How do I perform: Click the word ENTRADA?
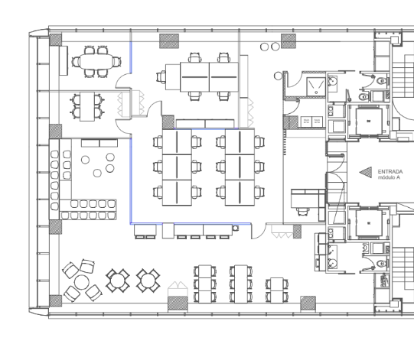click(x=390, y=172)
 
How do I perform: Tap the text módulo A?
click(x=389, y=177)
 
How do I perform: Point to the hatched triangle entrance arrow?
click(x=366, y=172)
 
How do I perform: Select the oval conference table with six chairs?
click(x=96, y=62)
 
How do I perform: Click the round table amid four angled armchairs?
click(x=82, y=282)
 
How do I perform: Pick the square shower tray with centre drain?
click(x=316, y=86)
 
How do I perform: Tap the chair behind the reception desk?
click(x=302, y=211)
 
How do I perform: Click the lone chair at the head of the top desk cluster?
click(x=161, y=77)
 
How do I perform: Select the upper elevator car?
click(x=369, y=121)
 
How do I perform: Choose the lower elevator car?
click(x=369, y=223)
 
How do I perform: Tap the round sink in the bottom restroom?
click(x=332, y=263)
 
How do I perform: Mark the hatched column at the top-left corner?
click(x=56, y=40)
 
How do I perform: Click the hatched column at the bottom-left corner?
click(x=56, y=301)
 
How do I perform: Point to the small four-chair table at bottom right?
click(x=277, y=290)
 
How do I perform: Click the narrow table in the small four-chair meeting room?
click(x=87, y=106)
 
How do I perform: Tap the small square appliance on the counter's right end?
click(x=236, y=228)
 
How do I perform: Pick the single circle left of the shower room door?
click(x=278, y=76)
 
